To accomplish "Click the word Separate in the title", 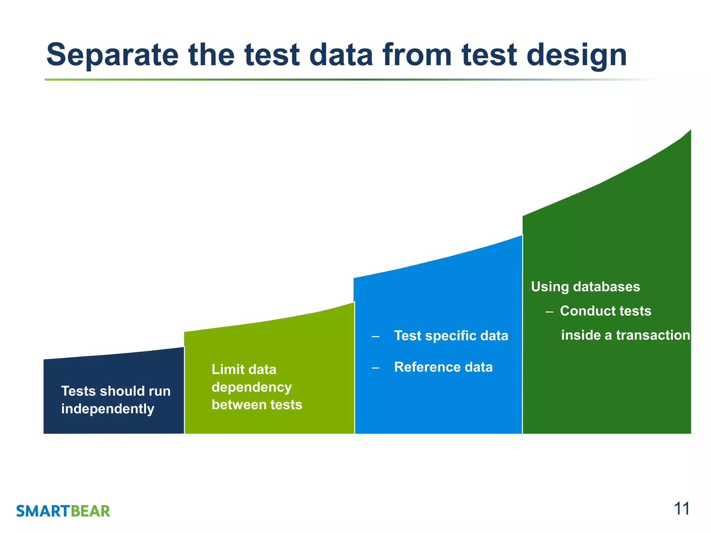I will point(112,55).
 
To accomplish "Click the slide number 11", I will point(681,509).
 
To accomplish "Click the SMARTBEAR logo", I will point(63,511).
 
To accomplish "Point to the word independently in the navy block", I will point(108,409).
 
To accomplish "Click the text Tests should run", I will point(116,391).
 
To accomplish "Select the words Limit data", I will point(244,369).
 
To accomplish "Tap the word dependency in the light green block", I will point(251,387).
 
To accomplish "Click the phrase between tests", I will point(257,405).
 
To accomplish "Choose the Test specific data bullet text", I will point(451,336).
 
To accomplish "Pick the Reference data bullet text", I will point(443,367).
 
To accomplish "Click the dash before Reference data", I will point(375,367).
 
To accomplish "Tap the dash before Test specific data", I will point(375,336).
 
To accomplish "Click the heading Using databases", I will point(585,287).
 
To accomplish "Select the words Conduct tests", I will point(605,311).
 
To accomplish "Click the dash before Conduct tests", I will point(549,312).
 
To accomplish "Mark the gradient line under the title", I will point(347,80).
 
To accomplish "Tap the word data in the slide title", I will point(341,55).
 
